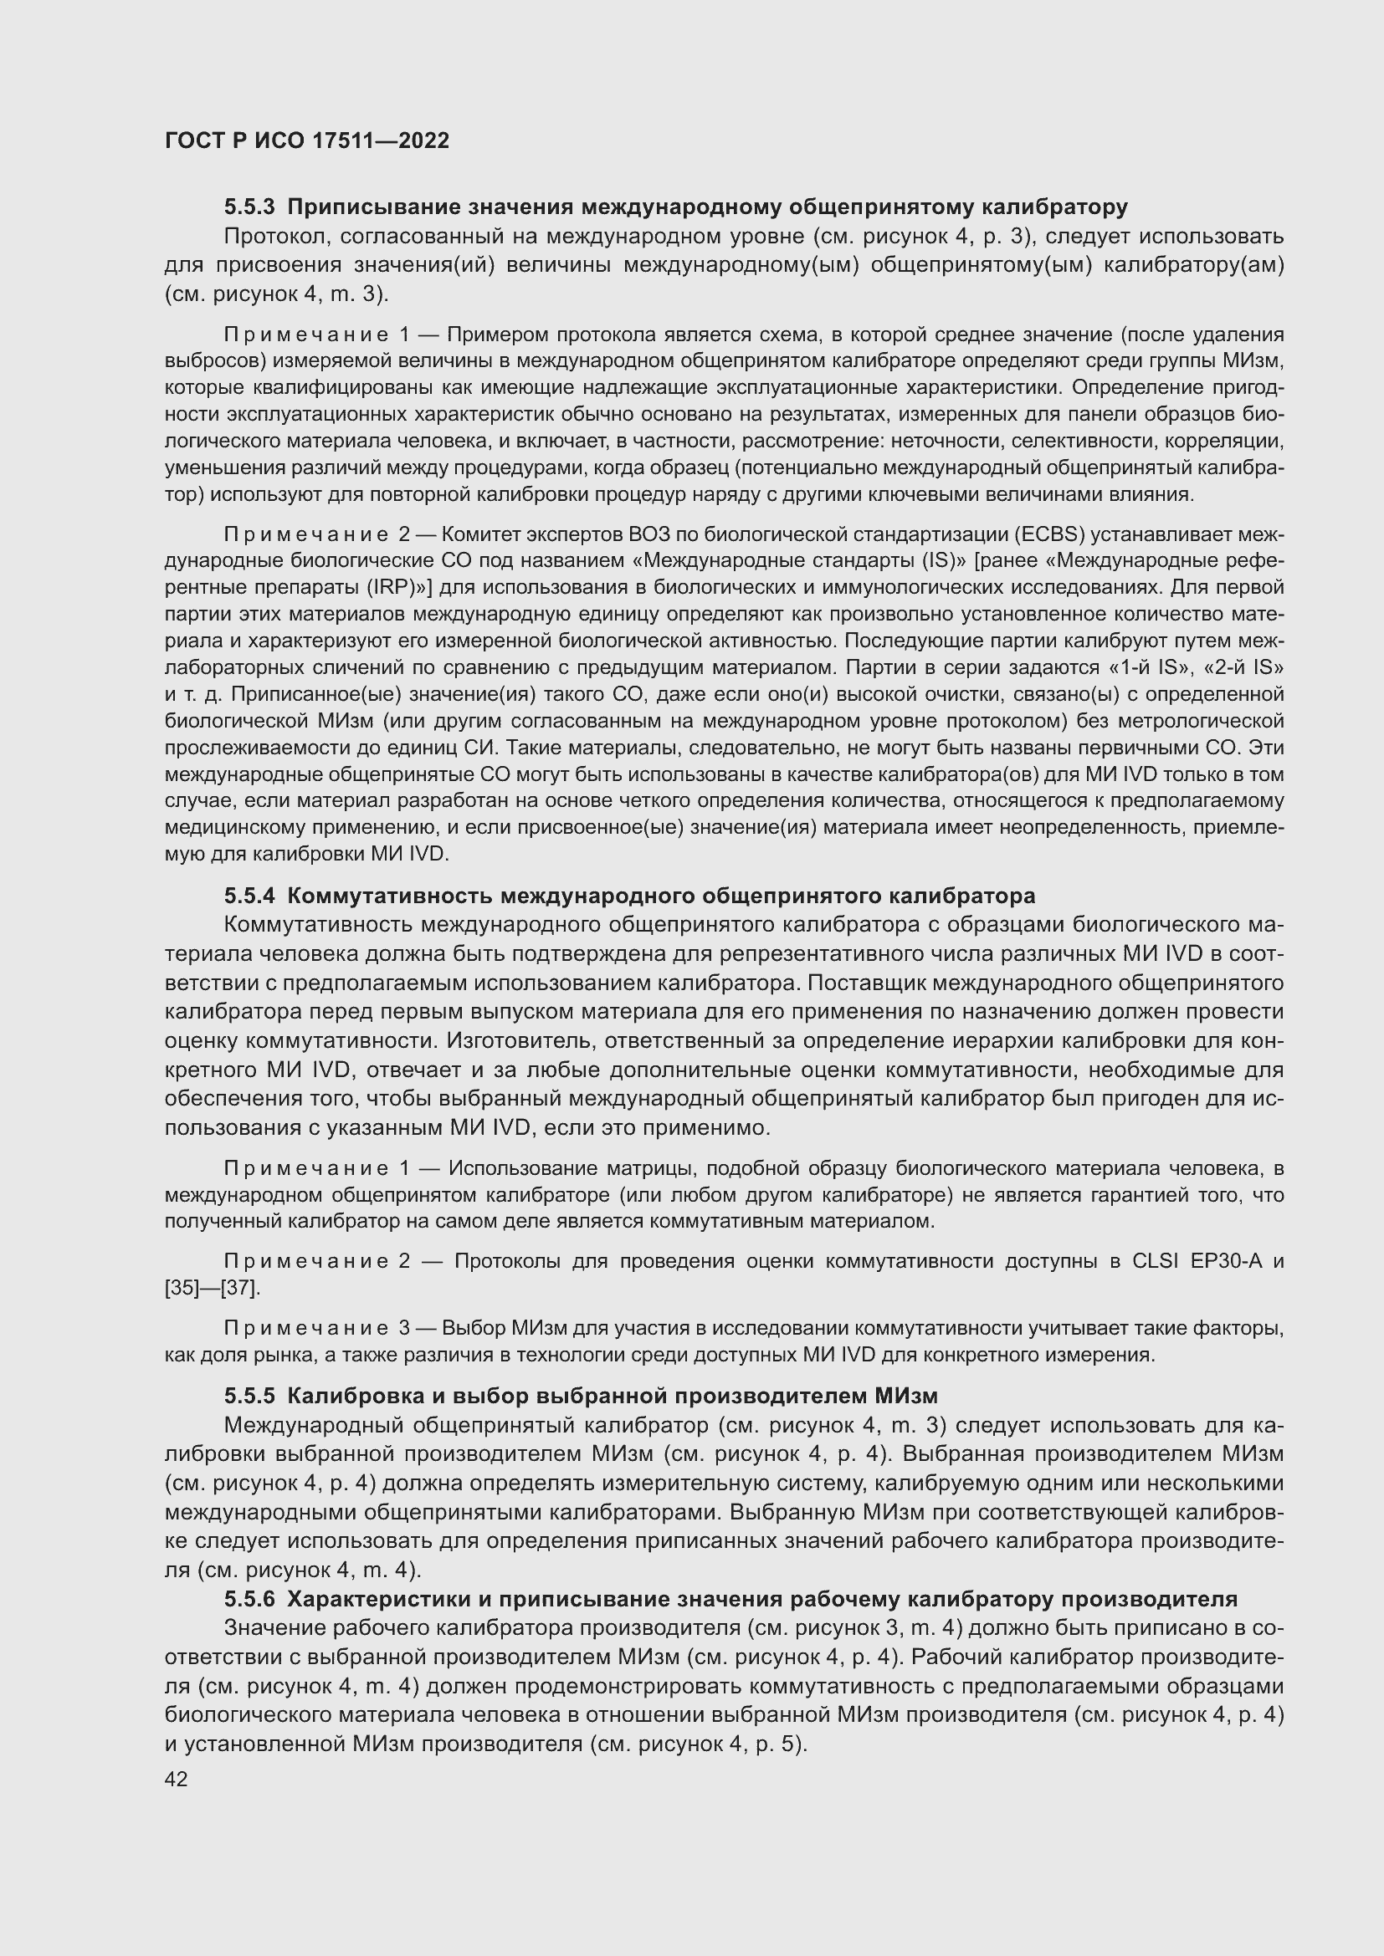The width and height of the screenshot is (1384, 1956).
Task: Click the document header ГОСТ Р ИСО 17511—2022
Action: pos(307,140)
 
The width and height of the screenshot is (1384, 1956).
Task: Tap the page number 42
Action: pos(177,1779)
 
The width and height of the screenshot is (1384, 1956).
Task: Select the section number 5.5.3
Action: pos(249,207)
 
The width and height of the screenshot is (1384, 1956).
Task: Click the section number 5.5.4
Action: pos(249,896)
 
